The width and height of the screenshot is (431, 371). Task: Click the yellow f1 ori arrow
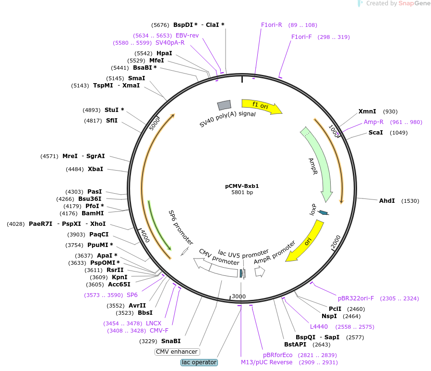tap(262, 106)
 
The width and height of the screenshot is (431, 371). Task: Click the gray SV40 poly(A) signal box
tap(224, 105)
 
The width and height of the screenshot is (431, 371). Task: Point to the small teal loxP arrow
tap(323, 212)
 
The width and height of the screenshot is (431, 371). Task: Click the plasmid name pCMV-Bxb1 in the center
tap(242, 186)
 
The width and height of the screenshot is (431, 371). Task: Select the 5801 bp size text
tap(242, 193)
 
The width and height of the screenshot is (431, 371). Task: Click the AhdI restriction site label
tap(387, 201)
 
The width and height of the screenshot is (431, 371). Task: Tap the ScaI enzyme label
tap(375, 133)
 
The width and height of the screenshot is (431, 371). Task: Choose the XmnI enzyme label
tap(367, 111)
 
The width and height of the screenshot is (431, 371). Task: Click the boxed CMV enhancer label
tap(177, 352)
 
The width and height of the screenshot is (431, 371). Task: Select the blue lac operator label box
tap(199, 362)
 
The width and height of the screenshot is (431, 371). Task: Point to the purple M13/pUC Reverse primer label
tap(266, 362)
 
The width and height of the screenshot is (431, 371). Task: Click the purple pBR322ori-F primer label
tap(356, 298)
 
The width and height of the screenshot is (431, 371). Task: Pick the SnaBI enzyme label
tap(170, 341)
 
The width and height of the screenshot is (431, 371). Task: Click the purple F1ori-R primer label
tap(271, 25)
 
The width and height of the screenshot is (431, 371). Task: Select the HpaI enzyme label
tap(164, 53)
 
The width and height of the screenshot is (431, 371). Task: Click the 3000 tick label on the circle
tap(239, 297)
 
